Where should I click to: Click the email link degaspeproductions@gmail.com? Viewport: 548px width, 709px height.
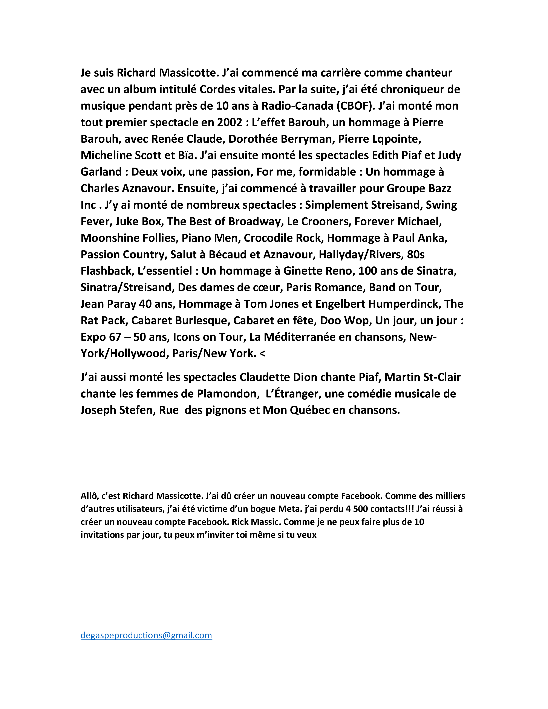[x=146, y=635]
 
